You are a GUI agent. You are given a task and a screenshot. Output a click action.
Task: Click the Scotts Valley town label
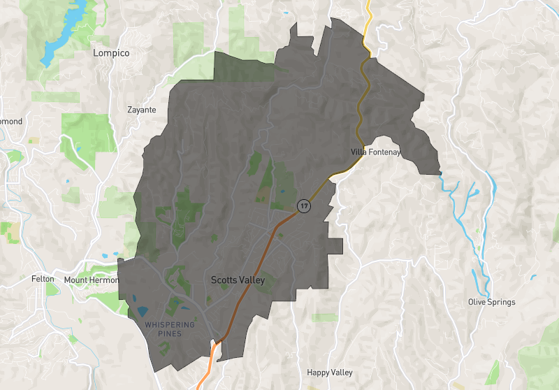pyautogui.click(x=238, y=280)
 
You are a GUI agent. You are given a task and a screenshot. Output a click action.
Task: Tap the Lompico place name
pyautogui.click(x=111, y=53)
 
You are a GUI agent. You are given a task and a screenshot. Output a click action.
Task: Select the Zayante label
pyautogui.click(x=141, y=110)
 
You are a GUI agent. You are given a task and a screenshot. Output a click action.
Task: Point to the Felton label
pyautogui.click(x=43, y=279)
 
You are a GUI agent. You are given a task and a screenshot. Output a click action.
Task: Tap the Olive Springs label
pyautogui.click(x=491, y=302)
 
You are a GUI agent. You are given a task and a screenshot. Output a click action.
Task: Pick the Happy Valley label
pyautogui.click(x=330, y=373)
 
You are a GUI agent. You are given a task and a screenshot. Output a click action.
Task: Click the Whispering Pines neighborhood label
pyautogui.click(x=164, y=329)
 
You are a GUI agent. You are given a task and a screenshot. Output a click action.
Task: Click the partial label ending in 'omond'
pyautogui.click(x=10, y=122)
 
